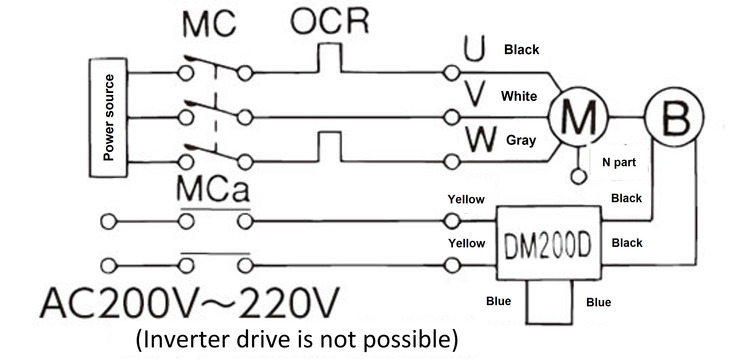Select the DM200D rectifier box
click(x=549, y=243)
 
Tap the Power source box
click(x=108, y=117)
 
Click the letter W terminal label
click(x=481, y=140)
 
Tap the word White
click(x=519, y=96)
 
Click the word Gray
click(x=521, y=141)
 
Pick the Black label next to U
click(x=522, y=50)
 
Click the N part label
click(x=619, y=162)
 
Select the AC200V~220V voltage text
click(x=190, y=303)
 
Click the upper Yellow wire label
click(x=466, y=199)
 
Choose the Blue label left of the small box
click(x=498, y=301)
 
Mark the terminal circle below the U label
click(x=451, y=73)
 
